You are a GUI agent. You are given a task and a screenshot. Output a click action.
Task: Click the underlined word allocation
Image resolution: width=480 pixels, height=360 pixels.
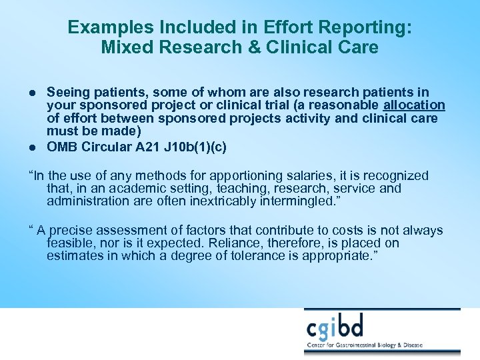coord(414,105)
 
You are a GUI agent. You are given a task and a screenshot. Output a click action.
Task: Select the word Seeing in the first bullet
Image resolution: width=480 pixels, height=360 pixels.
coord(68,92)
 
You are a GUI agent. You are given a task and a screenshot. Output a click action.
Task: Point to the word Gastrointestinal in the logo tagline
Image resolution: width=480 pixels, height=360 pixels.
coord(373,345)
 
